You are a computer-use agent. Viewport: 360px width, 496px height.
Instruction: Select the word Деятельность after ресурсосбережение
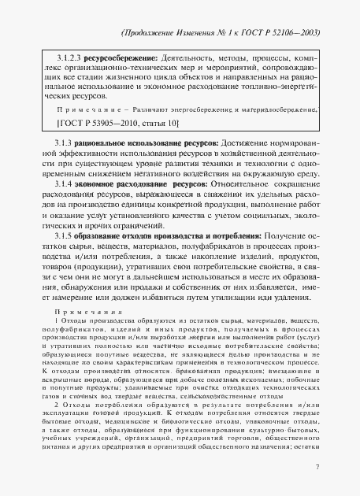tap(187, 60)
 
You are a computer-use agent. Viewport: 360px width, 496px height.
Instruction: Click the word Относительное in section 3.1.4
tap(236, 181)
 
